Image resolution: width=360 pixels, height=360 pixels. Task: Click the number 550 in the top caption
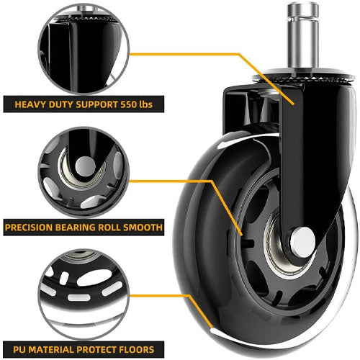click(129, 104)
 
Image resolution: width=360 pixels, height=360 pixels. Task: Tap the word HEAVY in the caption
click(30, 104)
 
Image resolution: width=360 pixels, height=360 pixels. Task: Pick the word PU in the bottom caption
click(19, 349)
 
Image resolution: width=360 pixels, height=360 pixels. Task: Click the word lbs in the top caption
click(146, 104)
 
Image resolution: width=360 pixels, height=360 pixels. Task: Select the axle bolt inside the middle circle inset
click(86, 166)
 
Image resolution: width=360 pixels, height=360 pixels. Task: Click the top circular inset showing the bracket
click(84, 49)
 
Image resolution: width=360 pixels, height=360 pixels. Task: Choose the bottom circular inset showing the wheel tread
click(84, 294)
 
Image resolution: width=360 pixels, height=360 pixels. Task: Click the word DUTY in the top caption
click(60, 104)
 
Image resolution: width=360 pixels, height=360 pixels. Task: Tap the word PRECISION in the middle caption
click(29, 228)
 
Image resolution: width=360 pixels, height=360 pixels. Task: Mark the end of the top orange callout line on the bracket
click(293, 104)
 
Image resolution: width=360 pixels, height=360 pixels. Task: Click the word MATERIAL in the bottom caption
click(51, 349)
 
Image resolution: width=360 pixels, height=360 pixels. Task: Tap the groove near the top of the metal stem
click(303, 17)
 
